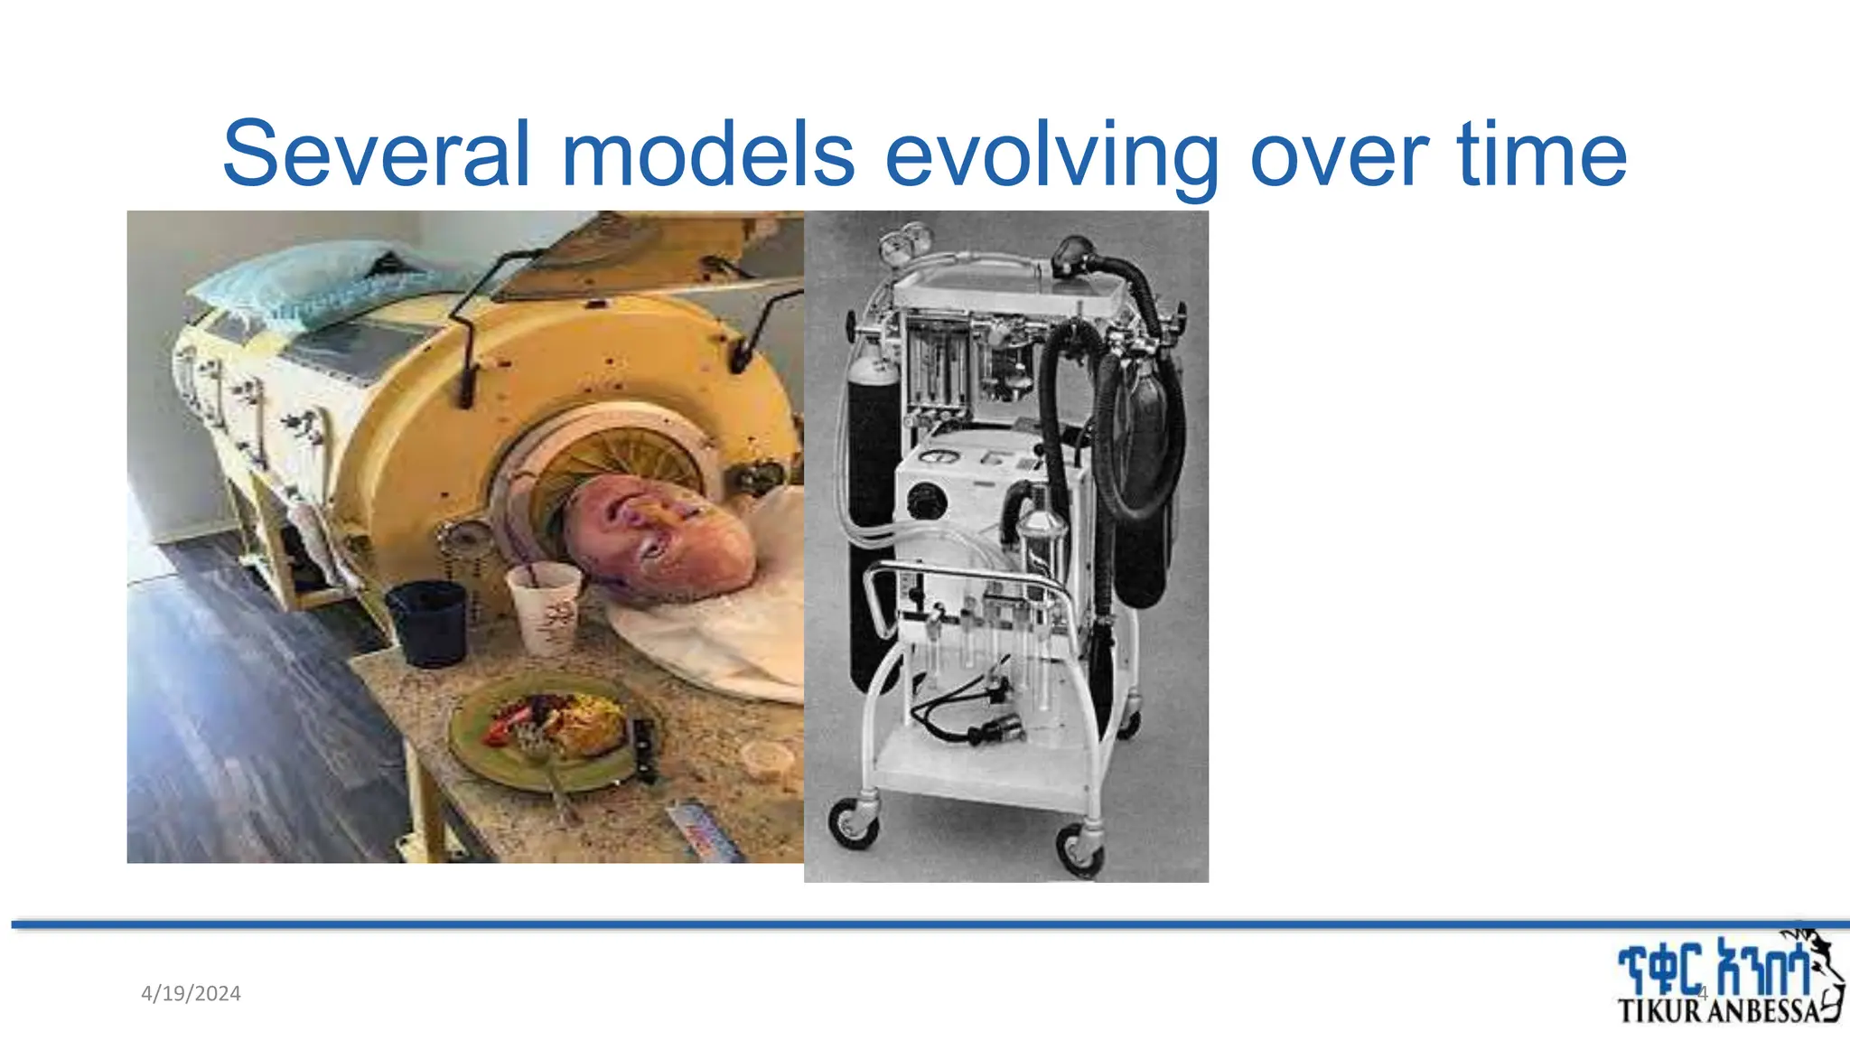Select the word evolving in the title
click(1051, 155)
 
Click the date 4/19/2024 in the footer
click(191, 994)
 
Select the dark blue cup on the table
click(426, 622)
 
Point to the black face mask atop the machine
click(1077, 255)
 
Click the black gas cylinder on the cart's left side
click(872, 506)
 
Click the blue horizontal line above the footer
click(925, 924)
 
